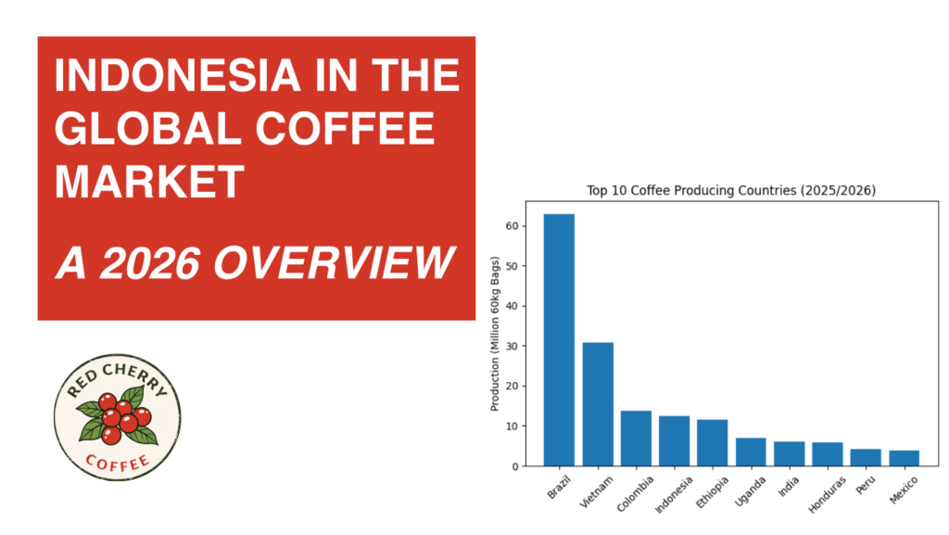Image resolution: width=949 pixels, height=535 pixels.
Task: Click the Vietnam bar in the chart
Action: [x=598, y=404]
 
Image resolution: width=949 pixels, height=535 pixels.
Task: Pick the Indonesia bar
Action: [x=674, y=441]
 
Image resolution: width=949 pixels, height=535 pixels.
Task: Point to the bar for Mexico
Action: [x=904, y=458]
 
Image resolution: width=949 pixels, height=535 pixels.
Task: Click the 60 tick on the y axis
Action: [x=512, y=225]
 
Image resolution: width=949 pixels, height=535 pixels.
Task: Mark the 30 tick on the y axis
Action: [x=512, y=346]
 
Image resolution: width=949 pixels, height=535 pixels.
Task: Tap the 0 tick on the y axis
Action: [x=514, y=466]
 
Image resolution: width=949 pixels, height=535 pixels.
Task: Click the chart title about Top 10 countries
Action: [x=731, y=191]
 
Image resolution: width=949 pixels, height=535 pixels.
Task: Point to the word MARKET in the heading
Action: [x=149, y=183]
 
